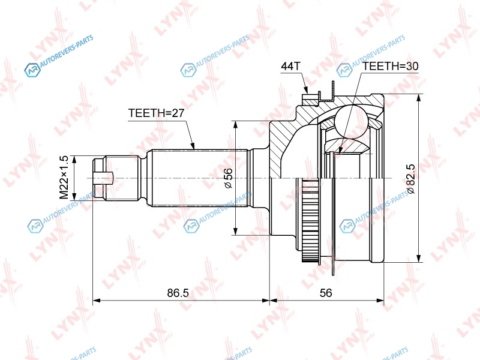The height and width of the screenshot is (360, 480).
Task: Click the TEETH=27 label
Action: (156, 113)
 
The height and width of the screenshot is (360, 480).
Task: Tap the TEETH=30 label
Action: (391, 66)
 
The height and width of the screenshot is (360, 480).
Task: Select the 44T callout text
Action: (291, 66)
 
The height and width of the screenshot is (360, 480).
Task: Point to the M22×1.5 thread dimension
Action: (64, 177)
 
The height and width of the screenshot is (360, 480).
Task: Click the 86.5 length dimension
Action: (178, 293)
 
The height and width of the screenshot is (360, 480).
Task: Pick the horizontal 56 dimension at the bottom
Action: (326, 293)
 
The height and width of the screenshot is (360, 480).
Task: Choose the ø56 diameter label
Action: (229, 178)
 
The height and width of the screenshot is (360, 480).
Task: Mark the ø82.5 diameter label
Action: (411, 179)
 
